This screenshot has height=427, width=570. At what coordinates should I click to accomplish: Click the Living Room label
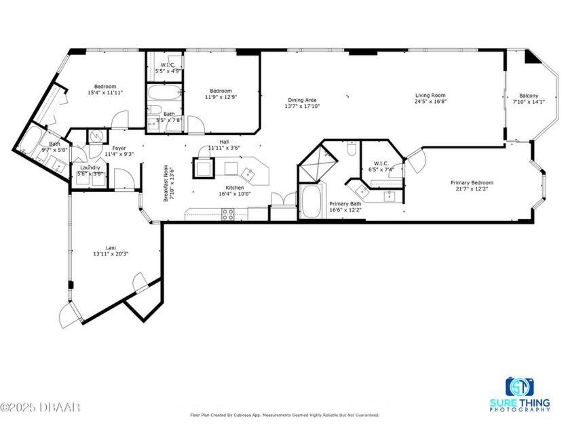point(430,96)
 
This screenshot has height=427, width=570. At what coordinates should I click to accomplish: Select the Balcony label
point(529,96)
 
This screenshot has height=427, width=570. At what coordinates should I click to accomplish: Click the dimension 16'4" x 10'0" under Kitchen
point(234,194)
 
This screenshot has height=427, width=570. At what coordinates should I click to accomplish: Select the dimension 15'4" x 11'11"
point(105,93)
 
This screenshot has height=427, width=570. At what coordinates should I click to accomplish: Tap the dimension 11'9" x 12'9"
point(221,97)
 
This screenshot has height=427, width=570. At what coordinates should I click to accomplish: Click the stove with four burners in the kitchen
point(229,213)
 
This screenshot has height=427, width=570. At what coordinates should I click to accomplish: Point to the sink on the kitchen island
point(250,174)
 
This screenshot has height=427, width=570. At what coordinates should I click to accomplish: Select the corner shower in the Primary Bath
point(322,161)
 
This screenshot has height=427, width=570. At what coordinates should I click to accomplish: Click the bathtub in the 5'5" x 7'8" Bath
point(164,93)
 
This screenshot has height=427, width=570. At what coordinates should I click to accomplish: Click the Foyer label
point(119,148)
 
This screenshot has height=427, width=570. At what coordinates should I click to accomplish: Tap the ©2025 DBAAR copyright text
point(40,407)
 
